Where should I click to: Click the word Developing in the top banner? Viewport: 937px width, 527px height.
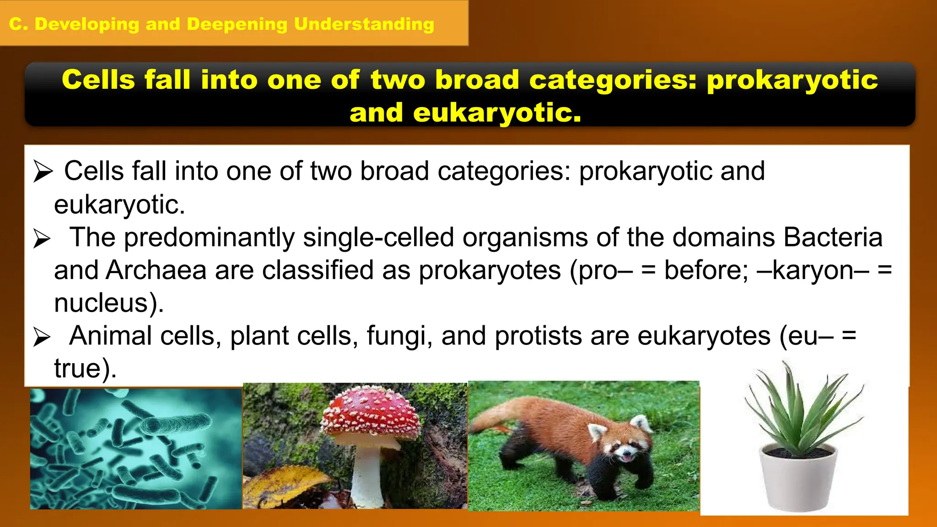click(x=87, y=24)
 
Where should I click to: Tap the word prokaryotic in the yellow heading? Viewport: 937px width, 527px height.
click(x=792, y=81)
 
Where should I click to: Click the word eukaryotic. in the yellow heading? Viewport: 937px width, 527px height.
click(x=497, y=113)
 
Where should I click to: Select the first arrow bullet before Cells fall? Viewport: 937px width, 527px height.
click(x=43, y=172)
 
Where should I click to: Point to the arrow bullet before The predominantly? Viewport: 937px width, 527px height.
click(x=42, y=239)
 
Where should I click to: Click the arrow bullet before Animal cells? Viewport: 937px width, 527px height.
click(x=42, y=337)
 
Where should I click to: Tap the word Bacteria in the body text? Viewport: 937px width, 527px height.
click(x=833, y=238)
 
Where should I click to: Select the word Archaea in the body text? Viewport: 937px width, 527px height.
click(x=156, y=270)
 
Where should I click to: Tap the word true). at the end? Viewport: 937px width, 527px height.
click(x=85, y=369)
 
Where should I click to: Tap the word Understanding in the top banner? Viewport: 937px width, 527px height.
click(x=364, y=24)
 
